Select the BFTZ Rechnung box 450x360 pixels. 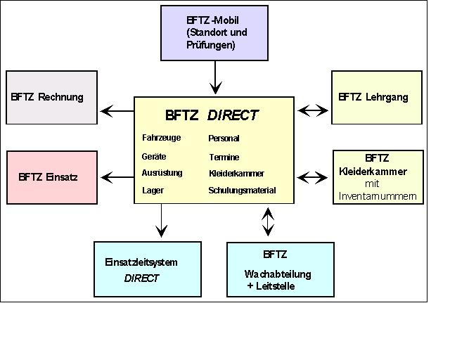[x=51, y=97]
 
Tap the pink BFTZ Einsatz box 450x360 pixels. [x=51, y=176]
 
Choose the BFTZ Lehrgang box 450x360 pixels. [x=377, y=97]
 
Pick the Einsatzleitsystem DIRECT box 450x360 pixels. [x=141, y=269]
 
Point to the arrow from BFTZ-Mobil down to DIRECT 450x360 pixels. [x=216, y=77]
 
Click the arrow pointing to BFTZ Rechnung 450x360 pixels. [x=117, y=110]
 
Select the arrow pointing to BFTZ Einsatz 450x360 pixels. [x=117, y=176]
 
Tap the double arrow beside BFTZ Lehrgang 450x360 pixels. [x=313, y=110]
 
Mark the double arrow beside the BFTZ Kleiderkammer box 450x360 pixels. [x=313, y=176]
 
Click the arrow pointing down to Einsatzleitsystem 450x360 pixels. [x=161, y=221]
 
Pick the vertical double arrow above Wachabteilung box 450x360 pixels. [x=268, y=221]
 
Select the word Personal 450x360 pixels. [x=224, y=139]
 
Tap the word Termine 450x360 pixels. [x=223, y=157]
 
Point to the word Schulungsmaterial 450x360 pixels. [x=242, y=191]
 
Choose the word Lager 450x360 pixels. [x=153, y=191]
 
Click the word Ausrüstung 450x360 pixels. [x=162, y=173]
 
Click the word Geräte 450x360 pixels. [x=153, y=157]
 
